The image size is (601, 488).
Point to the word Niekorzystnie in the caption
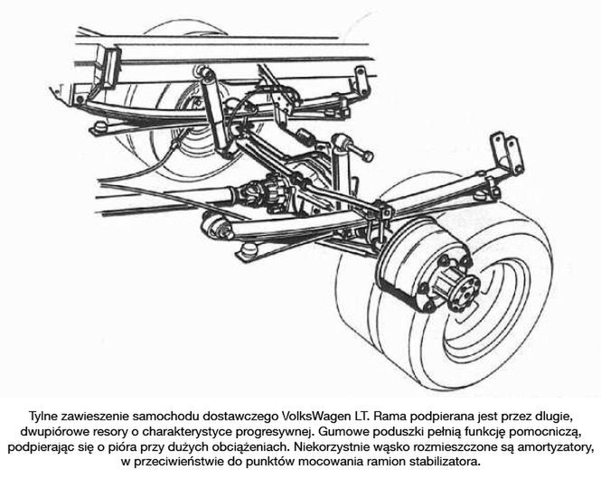pos(339,446)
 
